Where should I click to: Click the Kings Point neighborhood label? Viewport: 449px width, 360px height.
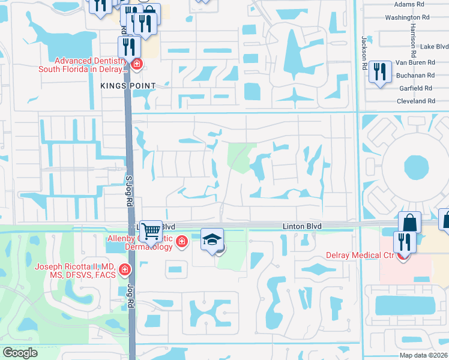pos(133,86)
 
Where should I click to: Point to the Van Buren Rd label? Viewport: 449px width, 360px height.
pos(415,62)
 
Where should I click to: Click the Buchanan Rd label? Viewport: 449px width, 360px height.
pos(415,76)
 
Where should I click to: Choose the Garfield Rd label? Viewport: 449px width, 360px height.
pos(416,88)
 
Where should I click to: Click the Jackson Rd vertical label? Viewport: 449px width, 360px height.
pos(364,53)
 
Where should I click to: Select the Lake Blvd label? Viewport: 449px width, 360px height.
pos(434,47)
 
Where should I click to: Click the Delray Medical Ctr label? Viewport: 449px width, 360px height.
pos(368,255)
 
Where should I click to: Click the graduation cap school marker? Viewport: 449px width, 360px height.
pos(212,239)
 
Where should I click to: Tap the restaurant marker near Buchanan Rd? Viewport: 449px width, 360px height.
pos(379,71)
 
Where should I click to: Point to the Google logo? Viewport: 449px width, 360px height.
pos(20,353)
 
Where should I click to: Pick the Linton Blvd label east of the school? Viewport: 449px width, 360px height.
pos(303,226)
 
